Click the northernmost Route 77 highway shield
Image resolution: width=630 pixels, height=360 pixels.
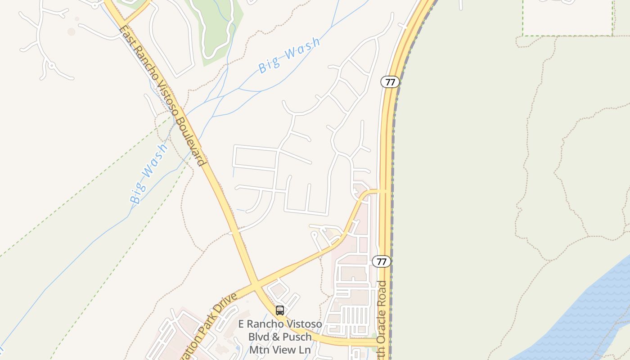pyautogui.click(x=390, y=82)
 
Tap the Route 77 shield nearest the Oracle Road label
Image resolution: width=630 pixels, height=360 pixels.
pyautogui.click(x=381, y=261)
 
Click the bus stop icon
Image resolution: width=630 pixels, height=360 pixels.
pyautogui.click(x=280, y=310)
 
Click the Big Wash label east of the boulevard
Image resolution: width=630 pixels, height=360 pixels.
pyautogui.click(x=289, y=55)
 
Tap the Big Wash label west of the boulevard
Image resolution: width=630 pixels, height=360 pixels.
pyautogui.click(x=149, y=173)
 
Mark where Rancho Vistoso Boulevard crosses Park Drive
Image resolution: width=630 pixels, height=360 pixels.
pyautogui.click(x=255, y=286)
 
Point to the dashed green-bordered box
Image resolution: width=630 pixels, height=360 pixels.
pyautogui.click(x=567, y=18)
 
